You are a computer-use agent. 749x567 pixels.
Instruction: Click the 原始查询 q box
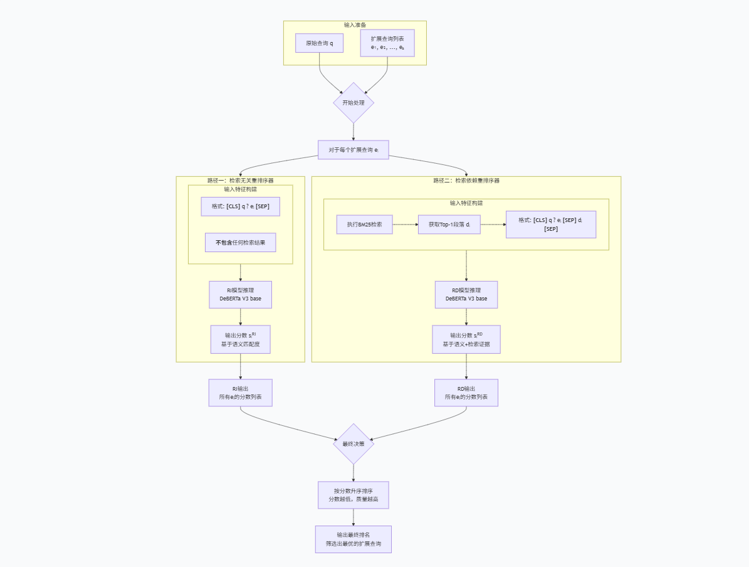319,43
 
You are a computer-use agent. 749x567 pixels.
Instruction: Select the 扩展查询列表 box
387,43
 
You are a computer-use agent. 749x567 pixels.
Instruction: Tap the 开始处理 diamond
354,103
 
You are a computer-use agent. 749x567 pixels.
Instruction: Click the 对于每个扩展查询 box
354,150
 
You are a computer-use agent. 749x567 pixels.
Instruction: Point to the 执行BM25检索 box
365,225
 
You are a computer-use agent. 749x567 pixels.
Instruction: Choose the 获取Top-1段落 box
449,225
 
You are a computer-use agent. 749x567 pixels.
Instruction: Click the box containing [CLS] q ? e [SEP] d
551,225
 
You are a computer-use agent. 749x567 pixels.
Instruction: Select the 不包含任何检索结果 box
240,243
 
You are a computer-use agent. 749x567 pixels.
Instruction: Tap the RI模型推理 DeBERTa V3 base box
240,295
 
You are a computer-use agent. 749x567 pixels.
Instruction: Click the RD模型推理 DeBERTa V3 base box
466,295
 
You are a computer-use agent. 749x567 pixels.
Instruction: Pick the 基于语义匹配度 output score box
240,339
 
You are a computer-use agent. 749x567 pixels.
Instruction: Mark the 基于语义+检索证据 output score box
466,339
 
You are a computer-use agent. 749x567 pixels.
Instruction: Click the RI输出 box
240,393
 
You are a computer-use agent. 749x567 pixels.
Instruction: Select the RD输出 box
466,393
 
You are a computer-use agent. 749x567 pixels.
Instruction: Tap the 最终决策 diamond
354,444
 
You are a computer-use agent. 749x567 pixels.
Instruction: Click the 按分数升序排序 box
354,495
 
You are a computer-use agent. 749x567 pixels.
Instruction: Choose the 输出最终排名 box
354,539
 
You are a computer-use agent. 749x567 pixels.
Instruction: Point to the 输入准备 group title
355,25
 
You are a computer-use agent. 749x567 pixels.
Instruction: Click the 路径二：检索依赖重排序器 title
466,181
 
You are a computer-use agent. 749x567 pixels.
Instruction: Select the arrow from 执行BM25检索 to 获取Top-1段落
406,225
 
